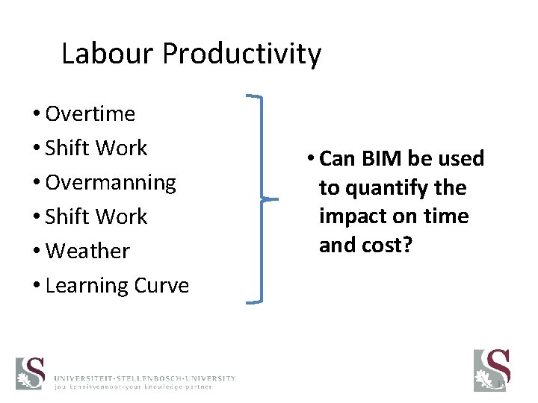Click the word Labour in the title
tap(107, 54)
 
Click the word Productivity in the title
tap(241, 54)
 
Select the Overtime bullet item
tap(90, 114)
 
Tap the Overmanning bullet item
tap(111, 183)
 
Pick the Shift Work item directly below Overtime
tap(96, 149)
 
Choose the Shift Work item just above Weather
tap(96, 217)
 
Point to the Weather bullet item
tap(87, 252)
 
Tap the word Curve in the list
tap(161, 286)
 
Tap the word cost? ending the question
tap(388, 246)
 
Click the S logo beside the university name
tap(31, 373)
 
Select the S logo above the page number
tap(492, 369)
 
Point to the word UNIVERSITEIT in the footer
tap(85, 378)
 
